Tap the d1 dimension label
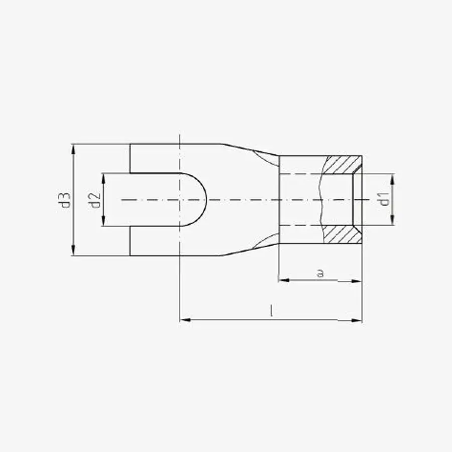click(384, 199)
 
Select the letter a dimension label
click(320, 273)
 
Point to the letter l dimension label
click(271, 311)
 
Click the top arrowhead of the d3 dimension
click(73, 149)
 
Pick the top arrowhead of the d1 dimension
click(392, 179)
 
